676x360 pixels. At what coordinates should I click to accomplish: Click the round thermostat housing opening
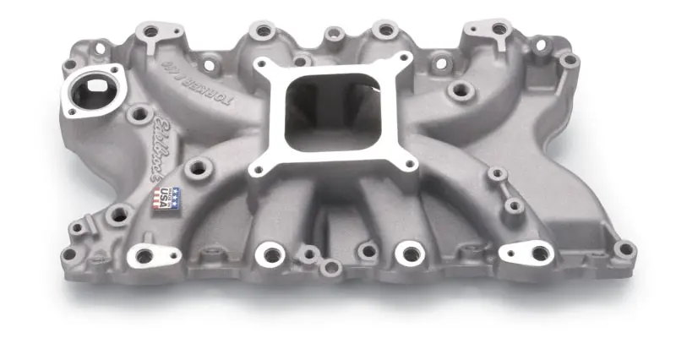pos(95,90)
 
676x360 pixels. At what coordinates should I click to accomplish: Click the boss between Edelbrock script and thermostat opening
pos(139,114)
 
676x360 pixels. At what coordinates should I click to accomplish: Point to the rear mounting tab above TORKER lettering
pos(152,32)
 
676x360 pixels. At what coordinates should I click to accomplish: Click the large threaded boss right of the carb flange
pos(460,90)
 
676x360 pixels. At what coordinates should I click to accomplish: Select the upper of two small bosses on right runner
pos(498,175)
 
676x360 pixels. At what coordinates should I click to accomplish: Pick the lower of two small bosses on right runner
pos(513,205)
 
